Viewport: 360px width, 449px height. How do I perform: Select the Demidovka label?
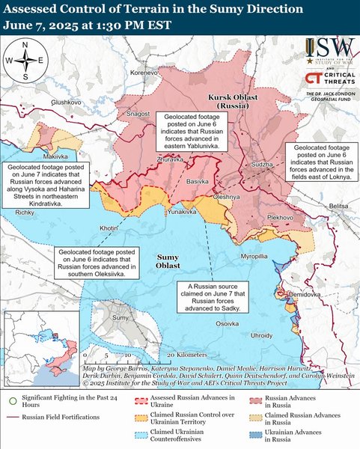(305, 296)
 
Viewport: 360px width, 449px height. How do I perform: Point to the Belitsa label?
(339, 205)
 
